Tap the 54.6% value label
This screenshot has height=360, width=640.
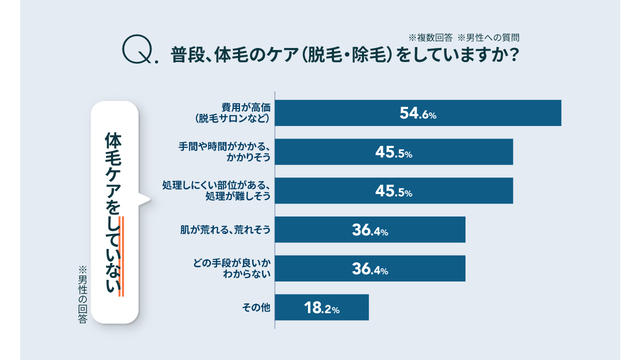(418, 113)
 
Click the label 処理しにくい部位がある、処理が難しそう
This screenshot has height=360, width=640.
(217, 190)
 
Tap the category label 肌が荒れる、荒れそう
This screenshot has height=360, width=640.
(225, 229)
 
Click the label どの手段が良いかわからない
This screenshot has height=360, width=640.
(232, 268)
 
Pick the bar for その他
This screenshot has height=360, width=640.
(290, 307)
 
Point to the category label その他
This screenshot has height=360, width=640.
(256, 307)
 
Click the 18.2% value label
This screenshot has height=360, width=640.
(321, 307)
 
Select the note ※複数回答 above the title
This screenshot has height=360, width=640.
(430, 37)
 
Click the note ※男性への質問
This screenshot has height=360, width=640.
(489, 37)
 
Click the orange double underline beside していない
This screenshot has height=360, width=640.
(121, 256)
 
